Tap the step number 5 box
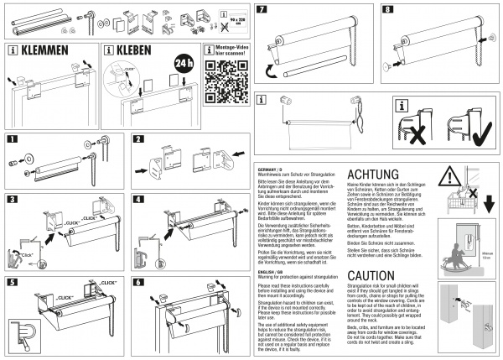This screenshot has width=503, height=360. (11, 283)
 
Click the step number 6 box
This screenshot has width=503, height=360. (138, 283)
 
